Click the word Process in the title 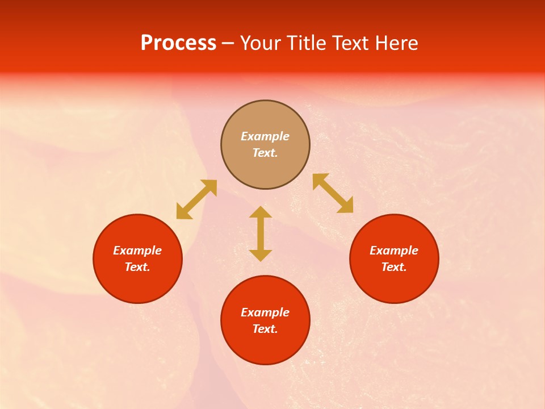click(x=178, y=43)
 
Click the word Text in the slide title click(x=351, y=43)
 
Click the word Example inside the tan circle click(x=265, y=136)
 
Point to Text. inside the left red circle click(x=137, y=267)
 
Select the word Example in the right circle click(x=394, y=251)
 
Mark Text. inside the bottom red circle click(x=265, y=329)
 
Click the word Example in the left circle click(x=137, y=251)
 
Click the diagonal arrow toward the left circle click(x=196, y=199)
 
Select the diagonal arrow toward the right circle click(x=333, y=193)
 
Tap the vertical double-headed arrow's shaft click(x=261, y=233)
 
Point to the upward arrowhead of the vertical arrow click(x=261, y=212)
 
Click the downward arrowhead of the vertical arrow click(x=261, y=255)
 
